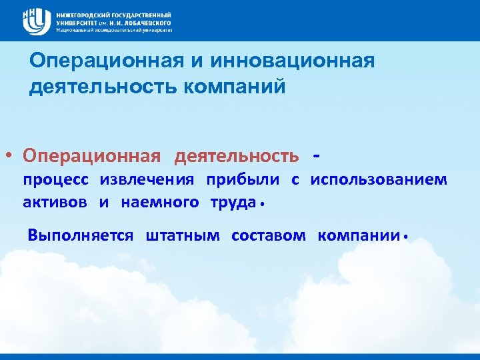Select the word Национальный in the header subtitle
click(75, 30)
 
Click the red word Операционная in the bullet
click(91, 156)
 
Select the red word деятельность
click(237, 156)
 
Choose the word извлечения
click(147, 180)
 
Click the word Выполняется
click(81, 235)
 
